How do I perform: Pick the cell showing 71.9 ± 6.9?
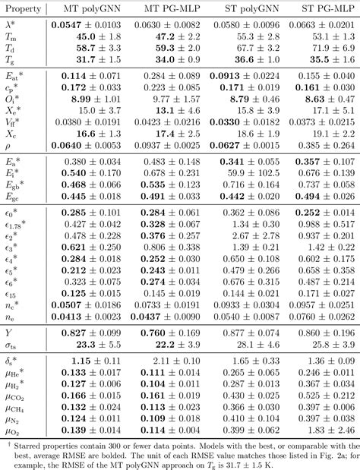[322, 49]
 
